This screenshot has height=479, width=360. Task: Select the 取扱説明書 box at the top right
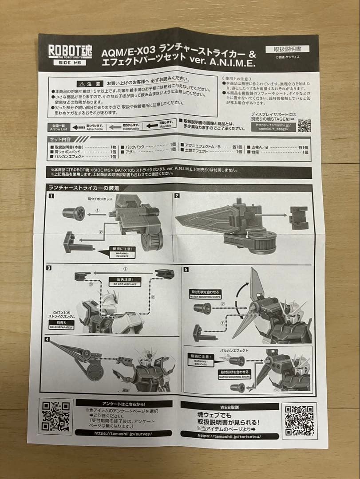(287, 50)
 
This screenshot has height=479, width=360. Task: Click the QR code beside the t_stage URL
(304, 126)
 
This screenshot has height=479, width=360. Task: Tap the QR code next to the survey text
(55, 416)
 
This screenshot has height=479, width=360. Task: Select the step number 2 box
(177, 196)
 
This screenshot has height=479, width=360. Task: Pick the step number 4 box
(47, 339)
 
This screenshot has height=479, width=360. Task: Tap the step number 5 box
(186, 269)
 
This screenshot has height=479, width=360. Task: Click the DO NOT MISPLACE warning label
(122, 281)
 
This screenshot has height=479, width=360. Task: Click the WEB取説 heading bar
(229, 406)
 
